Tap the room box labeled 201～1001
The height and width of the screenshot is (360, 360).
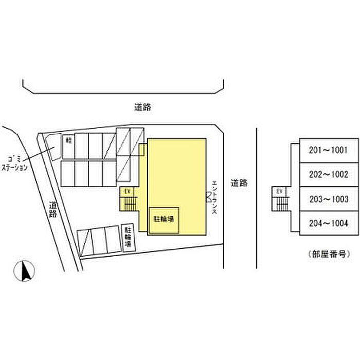(x=328, y=151)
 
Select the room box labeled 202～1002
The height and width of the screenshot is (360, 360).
(x=328, y=174)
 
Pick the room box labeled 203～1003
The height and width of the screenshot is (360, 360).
(x=328, y=199)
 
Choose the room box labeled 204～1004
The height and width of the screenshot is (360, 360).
(x=328, y=223)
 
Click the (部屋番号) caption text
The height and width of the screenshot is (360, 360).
(x=328, y=254)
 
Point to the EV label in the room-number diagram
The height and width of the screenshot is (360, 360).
(x=280, y=191)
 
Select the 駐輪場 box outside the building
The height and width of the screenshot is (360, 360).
(x=127, y=238)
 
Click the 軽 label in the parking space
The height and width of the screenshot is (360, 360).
(x=68, y=140)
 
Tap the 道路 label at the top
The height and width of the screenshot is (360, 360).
(x=142, y=107)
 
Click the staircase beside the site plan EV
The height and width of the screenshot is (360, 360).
(x=129, y=204)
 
